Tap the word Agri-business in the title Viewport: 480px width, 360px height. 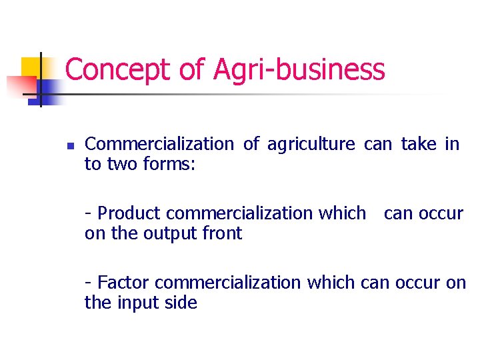tap(299, 70)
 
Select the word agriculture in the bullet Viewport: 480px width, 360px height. tap(311, 144)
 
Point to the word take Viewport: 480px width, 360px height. tap(419, 144)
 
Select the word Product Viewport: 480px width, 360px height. tap(129, 213)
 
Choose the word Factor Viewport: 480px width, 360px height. tap(123, 283)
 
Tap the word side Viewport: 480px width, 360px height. tap(182, 303)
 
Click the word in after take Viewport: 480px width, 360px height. tap(452, 144)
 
